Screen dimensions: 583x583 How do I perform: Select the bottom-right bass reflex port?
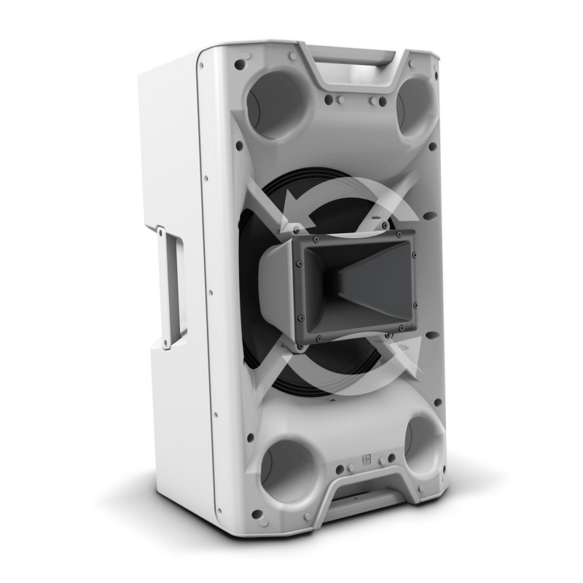(x=423, y=445)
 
